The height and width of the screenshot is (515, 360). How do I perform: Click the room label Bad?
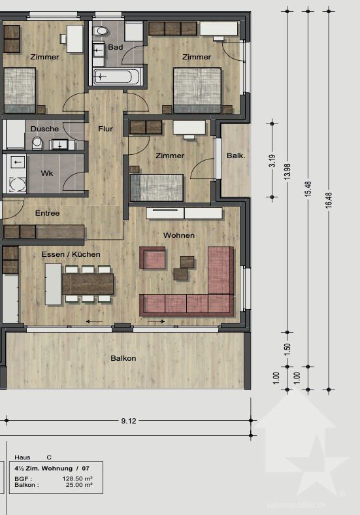pos(116,47)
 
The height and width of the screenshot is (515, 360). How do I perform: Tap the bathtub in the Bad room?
pos(118,76)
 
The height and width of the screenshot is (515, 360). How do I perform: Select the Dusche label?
pos(44,129)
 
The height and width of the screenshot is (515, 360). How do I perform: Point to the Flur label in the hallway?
pos(105,129)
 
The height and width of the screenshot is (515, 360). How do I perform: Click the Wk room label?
pos(47,174)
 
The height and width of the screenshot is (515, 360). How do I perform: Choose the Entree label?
pos(47,213)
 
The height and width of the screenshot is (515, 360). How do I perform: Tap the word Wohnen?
pos(179,235)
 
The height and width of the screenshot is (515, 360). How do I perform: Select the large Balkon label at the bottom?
pos(123,358)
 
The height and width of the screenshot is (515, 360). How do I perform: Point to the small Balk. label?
pos(236,156)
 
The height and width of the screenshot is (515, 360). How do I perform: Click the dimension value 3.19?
pos(272,160)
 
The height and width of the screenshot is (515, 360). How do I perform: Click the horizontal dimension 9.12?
pos(128,421)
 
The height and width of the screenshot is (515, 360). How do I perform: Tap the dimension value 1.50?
pos(287,350)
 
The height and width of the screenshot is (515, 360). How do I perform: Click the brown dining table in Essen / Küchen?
pos(88,284)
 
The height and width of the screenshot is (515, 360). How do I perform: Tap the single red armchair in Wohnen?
pos(153,258)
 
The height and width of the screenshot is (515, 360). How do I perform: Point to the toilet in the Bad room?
pos(101,31)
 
